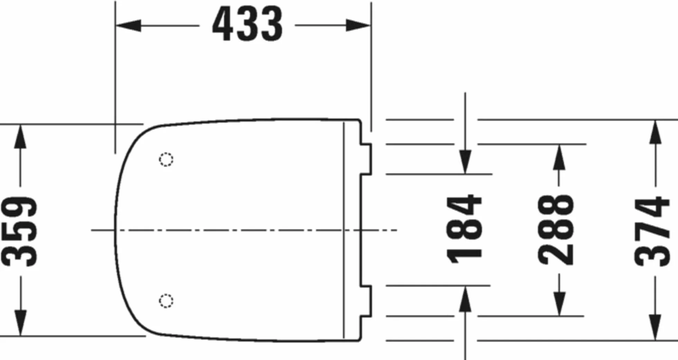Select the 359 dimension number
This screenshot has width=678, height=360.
click(x=19, y=231)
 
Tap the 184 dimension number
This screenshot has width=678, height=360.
click(x=464, y=229)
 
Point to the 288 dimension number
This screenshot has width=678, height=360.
click(x=556, y=230)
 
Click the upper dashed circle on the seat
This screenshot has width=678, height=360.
click(x=166, y=159)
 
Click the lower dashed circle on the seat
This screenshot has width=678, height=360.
click(x=166, y=301)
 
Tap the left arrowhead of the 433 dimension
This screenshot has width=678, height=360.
click(x=128, y=25)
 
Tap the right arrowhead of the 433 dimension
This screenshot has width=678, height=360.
click(x=358, y=25)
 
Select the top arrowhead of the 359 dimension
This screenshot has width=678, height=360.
click(x=20, y=136)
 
